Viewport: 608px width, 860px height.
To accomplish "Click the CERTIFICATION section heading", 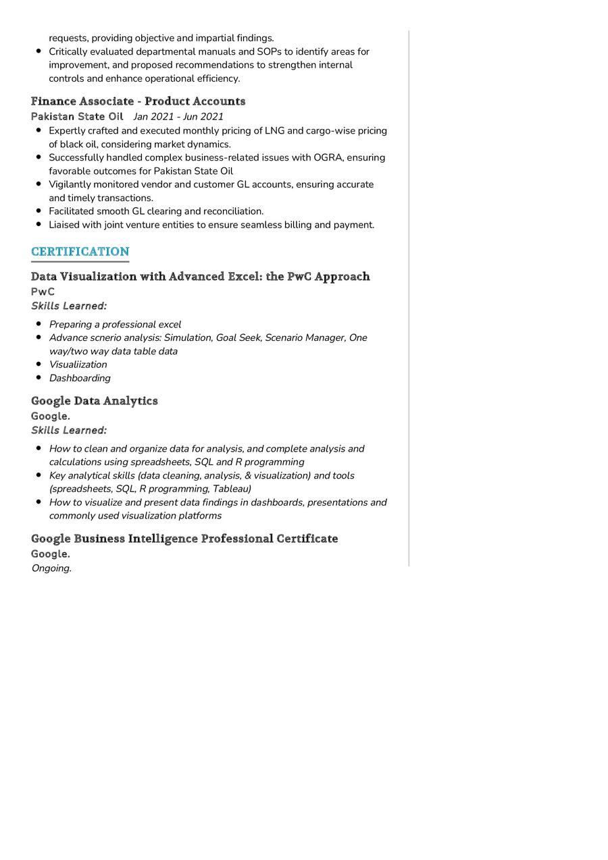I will pos(80,252).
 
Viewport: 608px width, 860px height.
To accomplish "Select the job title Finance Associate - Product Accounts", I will pos(138,101).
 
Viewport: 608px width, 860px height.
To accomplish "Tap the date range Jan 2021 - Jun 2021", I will pos(178,117).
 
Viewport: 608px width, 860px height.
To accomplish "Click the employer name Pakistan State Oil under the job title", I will pos(77,117).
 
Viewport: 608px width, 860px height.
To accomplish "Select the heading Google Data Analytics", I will pos(94,401).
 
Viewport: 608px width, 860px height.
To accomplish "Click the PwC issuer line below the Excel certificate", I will pos(43,292).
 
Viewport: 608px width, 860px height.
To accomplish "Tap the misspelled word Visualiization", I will pos(78,365).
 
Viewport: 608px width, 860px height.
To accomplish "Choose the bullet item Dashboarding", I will pos(80,378).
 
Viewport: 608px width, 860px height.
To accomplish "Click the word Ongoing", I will pos(51,568).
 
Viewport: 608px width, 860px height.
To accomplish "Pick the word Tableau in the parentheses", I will pos(230,489).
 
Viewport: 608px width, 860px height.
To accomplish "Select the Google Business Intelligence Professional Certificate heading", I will pos(184,539).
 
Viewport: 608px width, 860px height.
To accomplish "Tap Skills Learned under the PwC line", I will pos(69,306).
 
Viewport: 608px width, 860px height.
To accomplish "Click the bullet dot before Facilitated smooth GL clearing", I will pos(39,211).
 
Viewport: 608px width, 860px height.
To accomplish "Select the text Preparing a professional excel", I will pos(115,325).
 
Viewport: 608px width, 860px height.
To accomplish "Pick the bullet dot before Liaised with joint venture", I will pos(39,225).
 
